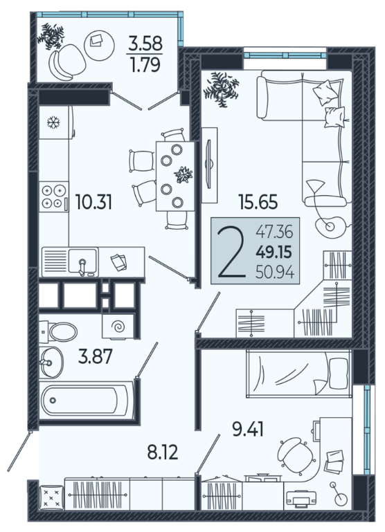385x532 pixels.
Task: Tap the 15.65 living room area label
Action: pos(258,201)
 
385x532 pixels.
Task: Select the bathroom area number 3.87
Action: pos(95,356)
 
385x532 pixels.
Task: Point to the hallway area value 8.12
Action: pos(163,452)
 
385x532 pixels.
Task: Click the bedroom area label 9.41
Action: pos(248,429)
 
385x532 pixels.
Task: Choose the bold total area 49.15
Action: pos(274,252)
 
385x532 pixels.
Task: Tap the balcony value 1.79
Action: pos(145,65)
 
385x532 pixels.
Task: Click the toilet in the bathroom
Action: pos(58,331)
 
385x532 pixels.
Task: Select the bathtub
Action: pos(87,401)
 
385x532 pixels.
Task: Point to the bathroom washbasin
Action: pos(51,363)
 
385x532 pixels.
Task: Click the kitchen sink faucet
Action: pos(82,267)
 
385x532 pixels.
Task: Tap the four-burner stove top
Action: pos(53,196)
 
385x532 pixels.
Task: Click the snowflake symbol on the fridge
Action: pos(53,122)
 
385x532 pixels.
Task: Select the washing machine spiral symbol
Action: pos(118,327)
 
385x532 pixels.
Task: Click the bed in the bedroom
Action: pos(298,374)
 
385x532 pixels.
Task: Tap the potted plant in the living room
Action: pos(221,89)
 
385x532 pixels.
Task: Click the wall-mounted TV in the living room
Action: pos(209,163)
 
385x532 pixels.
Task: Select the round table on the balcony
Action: pos(99,46)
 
